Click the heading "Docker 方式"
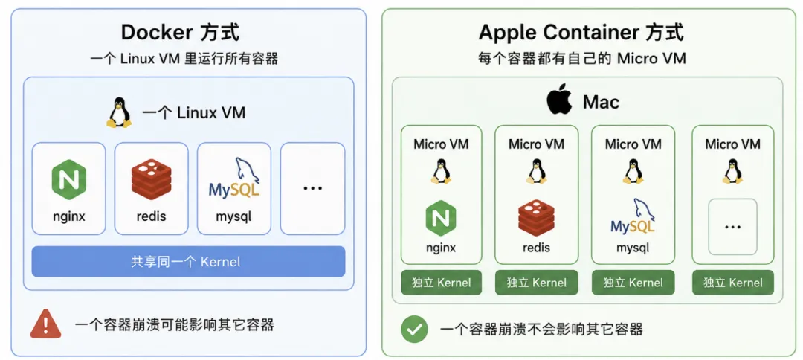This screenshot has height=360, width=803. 180,33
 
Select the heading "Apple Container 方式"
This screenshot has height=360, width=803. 581,33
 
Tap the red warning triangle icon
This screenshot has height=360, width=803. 45,324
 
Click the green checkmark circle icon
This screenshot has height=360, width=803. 414,329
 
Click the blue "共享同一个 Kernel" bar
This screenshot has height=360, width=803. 188,262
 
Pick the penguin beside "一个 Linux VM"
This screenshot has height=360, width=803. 119,112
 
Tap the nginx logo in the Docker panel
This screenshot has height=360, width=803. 68,180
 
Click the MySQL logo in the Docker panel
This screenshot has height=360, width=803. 234,179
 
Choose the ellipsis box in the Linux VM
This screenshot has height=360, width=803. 312,188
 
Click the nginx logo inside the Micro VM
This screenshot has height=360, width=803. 441,218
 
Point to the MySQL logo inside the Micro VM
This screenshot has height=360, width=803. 633,217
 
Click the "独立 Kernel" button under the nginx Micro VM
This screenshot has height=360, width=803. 441,282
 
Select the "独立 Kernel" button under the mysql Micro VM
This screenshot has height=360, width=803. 633,282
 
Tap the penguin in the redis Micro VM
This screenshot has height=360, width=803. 536,170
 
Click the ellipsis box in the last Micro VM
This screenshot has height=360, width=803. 733,227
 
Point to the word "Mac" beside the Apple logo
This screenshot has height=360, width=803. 602,103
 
